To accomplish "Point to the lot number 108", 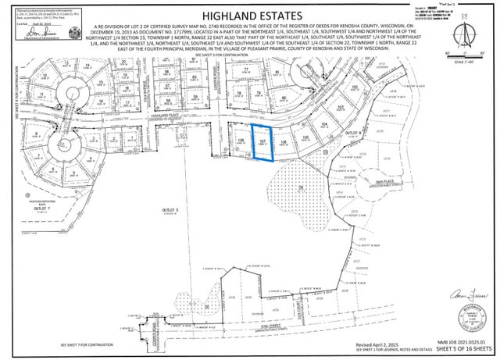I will [241, 141].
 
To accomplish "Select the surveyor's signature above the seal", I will [462, 294].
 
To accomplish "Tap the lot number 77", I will [246, 70].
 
